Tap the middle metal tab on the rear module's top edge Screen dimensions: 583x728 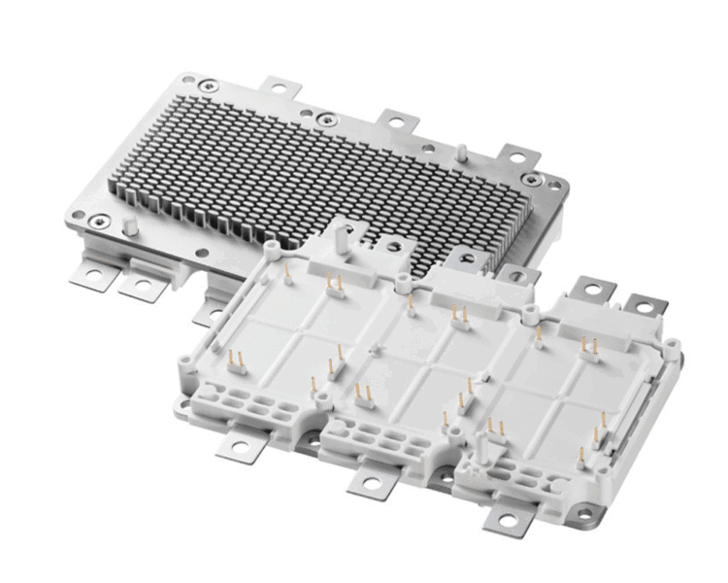[399, 121]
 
